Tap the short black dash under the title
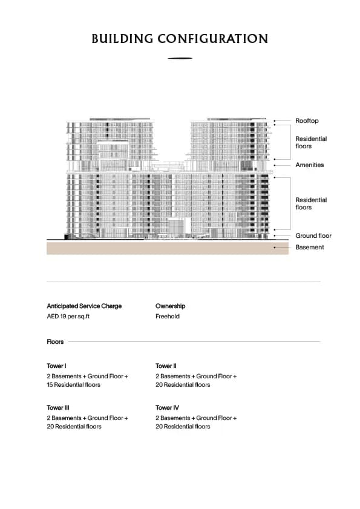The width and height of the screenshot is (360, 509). click(x=180, y=59)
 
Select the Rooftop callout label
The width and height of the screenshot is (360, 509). click(x=307, y=121)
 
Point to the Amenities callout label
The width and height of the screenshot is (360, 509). click(x=309, y=165)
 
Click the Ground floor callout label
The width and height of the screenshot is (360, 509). click(x=313, y=236)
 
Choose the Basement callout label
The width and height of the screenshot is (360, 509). click(x=309, y=247)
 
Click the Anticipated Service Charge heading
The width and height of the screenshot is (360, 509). click(x=84, y=306)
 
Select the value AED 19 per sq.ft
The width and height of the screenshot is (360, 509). click(x=68, y=317)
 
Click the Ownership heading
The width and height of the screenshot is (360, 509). click(x=170, y=306)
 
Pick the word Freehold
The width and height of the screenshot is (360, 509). click(x=168, y=317)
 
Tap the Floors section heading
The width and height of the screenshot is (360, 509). click(x=55, y=342)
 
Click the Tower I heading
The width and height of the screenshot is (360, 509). click(x=56, y=366)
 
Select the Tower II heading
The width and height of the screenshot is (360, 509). click(x=166, y=366)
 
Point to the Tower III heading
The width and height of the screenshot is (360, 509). click(x=58, y=408)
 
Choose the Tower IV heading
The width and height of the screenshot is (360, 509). click(x=166, y=408)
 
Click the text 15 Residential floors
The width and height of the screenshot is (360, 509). click(x=73, y=385)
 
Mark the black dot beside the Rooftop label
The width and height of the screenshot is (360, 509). click(x=274, y=121)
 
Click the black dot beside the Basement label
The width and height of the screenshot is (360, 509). click(x=274, y=247)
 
